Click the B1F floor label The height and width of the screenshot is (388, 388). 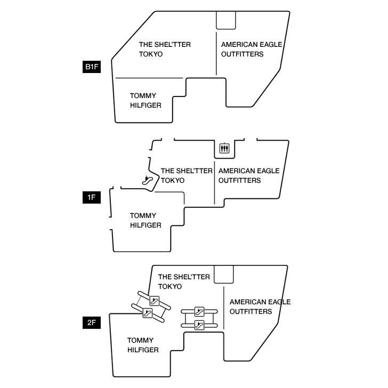pos(92,67)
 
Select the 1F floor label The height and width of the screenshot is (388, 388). pos(92,198)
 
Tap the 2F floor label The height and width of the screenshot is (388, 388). pos(92,322)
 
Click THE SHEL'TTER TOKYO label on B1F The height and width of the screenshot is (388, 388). pos(164,49)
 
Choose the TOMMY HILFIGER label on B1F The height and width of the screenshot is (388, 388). pos(145,100)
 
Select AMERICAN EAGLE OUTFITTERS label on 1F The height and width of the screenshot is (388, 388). pos(248,175)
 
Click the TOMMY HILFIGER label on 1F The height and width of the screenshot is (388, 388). pos(145,220)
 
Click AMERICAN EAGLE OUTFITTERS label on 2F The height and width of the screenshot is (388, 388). pos(260,306)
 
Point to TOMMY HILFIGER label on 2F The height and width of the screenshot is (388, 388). pos(143,345)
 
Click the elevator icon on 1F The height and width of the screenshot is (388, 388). pos(224,148)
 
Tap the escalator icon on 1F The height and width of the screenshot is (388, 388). pos(148,180)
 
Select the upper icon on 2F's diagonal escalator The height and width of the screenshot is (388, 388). pos(155,301)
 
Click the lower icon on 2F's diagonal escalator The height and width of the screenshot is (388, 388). pos(148,313)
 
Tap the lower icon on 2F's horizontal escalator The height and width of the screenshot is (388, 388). pos(199,324)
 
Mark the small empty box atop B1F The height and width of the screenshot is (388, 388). pos(225,20)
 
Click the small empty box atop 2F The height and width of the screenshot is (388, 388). pos(223,274)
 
